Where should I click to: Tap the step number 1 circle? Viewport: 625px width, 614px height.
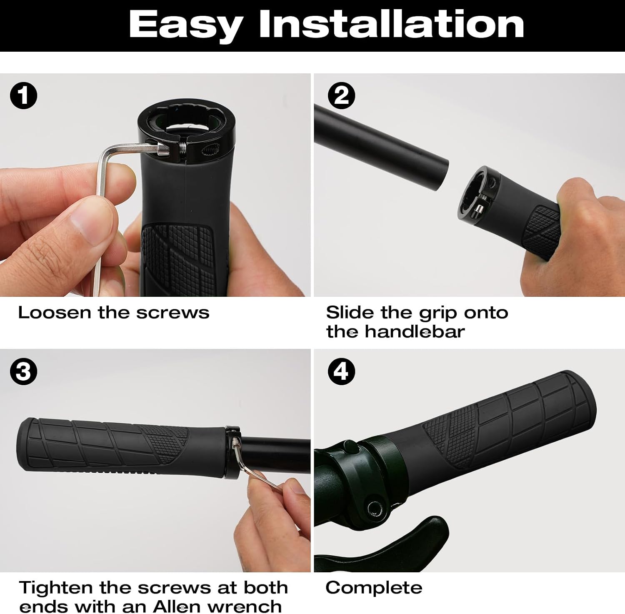[x=23, y=95]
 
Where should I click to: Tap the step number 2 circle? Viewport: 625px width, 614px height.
[x=342, y=95]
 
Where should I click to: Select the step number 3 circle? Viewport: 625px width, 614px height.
[x=23, y=371]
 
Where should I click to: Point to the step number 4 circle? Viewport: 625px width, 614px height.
[x=342, y=371]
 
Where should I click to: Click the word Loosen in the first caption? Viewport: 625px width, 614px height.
[x=54, y=313]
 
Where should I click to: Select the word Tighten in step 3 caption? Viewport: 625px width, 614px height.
[x=55, y=588]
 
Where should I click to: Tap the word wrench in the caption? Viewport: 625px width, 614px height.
[x=242, y=607]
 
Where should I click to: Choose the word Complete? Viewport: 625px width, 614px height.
[x=374, y=588]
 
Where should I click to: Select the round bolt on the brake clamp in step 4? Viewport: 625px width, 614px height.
[x=374, y=508]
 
